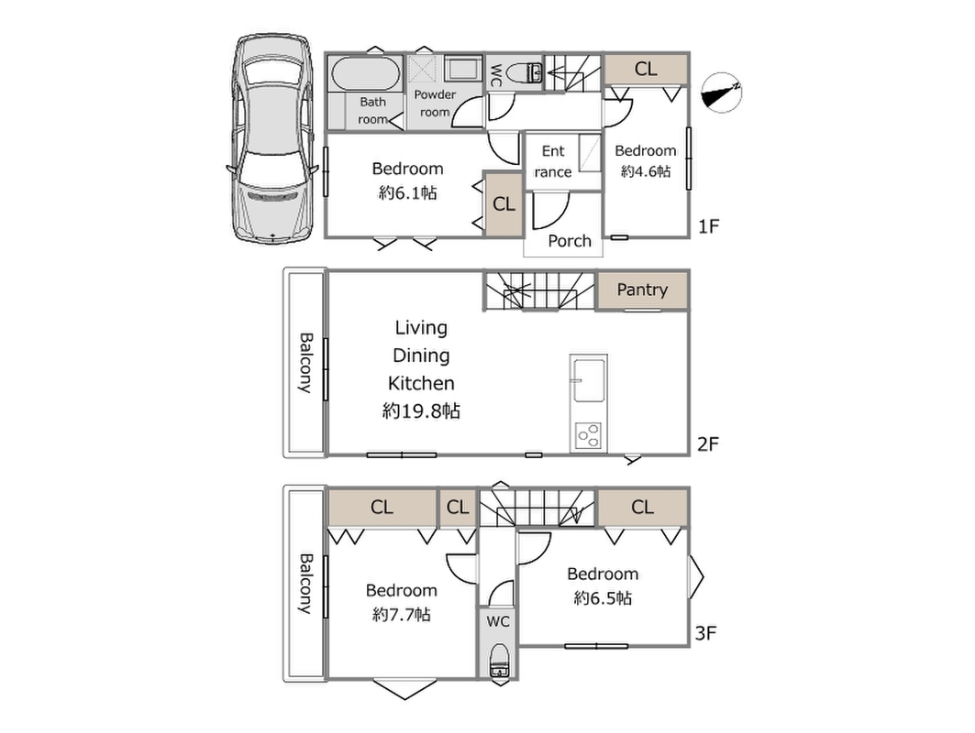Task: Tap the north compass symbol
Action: coord(721,93)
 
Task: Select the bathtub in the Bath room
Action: coord(366,74)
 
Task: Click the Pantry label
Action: coord(642,290)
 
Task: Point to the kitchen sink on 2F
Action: coord(589,381)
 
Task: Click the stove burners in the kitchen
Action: coord(588,435)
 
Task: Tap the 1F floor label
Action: coord(708,226)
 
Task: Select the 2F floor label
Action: coord(708,444)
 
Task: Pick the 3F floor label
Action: coord(706,634)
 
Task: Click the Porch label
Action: coord(570,241)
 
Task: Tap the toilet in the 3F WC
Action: coord(499,661)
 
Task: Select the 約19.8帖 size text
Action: coord(421,410)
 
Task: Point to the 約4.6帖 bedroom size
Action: coord(646,171)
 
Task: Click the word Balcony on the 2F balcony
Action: coord(305,363)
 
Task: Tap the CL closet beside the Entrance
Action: coord(504,203)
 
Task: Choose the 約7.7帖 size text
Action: coord(401,615)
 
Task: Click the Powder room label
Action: coord(435,104)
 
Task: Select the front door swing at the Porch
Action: coord(551,212)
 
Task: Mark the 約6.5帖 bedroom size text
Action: coord(603,598)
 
